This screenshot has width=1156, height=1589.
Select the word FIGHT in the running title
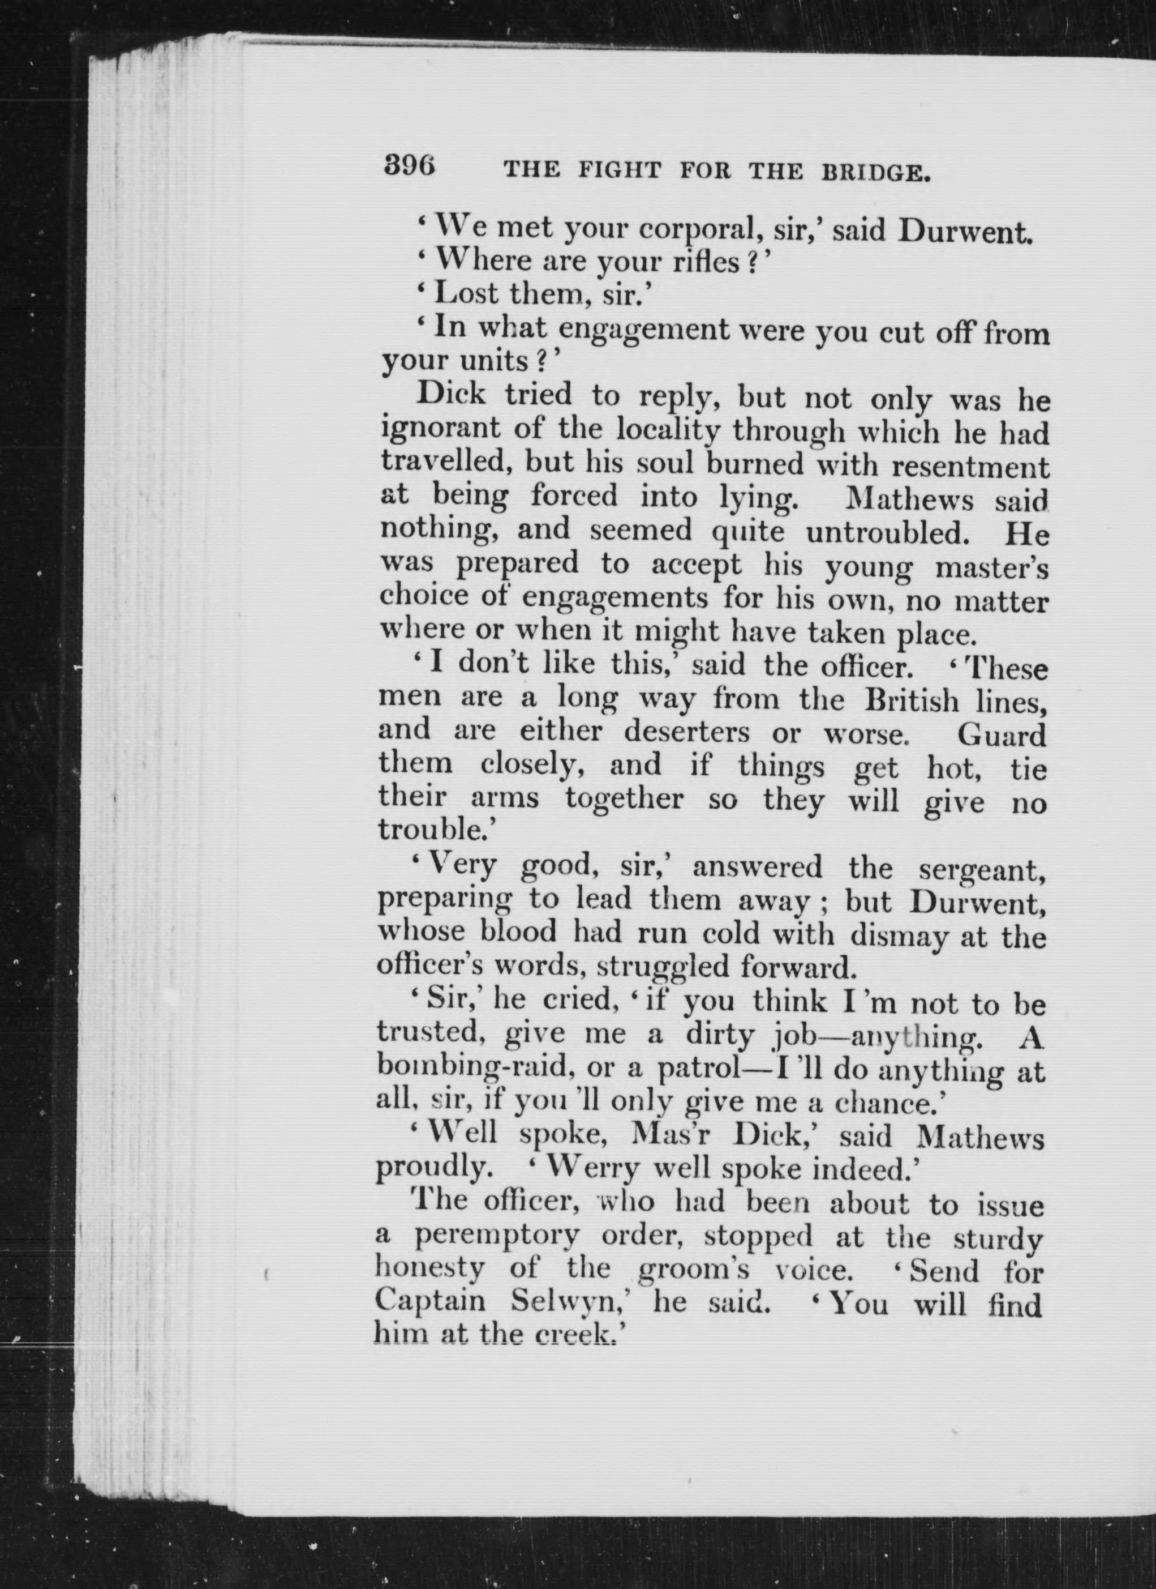pyautogui.click(x=618, y=170)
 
